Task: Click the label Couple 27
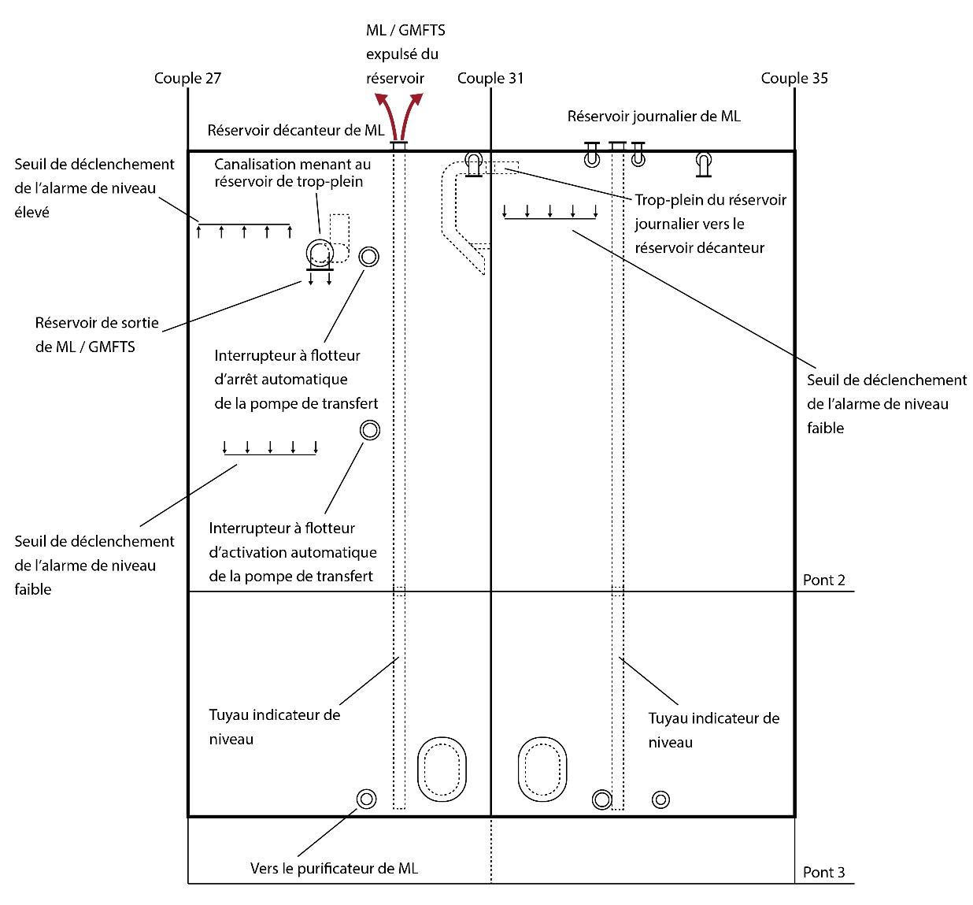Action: click(x=187, y=78)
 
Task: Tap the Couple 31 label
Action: click(x=490, y=78)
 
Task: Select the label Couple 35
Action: click(x=794, y=78)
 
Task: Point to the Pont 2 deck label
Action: click(x=823, y=580)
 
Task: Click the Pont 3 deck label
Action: click(x=823, y=872)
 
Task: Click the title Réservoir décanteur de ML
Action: click(x=295, y=130)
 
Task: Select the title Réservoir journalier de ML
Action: click(x=653, y=117)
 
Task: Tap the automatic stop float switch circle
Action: click(x=368, y=257)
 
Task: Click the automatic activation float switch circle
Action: click(x=369, y=430)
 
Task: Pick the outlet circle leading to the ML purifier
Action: click(x=366, y=799)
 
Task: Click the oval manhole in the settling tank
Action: click(x=442, y=769)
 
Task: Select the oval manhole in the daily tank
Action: click(x=542, y=769)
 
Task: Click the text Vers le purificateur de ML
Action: click(x=334, y=868)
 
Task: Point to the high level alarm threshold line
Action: click(x=244, y=224)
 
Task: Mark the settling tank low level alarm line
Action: click(x=270, y=454)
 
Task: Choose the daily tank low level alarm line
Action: click(x=549, y=217)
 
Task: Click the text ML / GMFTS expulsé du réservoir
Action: click(x=405, y=54)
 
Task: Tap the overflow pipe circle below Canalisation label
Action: click(x=320, y=253)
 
